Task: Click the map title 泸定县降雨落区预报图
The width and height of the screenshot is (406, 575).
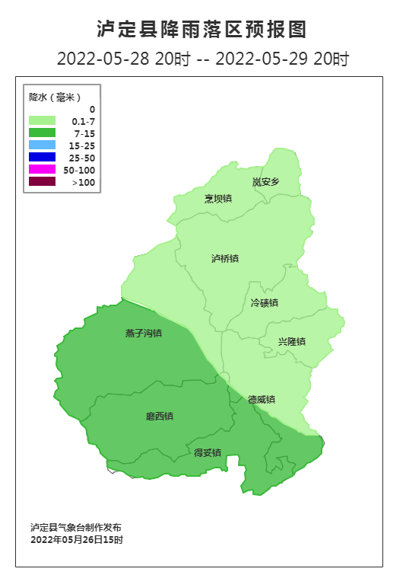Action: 202,30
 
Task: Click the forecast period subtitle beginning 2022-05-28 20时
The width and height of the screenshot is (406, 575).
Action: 202,59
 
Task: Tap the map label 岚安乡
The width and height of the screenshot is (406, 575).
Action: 266,182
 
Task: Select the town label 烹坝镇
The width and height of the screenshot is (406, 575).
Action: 217,199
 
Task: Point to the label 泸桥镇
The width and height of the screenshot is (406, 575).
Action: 225,259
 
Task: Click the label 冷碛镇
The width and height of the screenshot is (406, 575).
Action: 265,303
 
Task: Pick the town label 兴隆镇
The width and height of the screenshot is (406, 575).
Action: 291,342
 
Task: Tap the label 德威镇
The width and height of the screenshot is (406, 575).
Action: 262,400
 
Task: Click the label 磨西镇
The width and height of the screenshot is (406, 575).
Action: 160,417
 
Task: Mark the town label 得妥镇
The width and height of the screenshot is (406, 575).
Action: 208,452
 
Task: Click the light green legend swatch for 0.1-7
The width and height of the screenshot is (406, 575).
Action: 42,120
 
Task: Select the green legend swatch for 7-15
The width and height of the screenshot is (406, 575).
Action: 42,133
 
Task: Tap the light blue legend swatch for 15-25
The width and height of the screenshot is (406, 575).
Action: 42,145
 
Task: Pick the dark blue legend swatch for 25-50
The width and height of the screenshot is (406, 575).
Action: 42,157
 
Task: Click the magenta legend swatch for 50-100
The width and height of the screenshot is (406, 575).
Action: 42,169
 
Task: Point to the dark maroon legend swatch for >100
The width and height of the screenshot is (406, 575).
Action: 42,181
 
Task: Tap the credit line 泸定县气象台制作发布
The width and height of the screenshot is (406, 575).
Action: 76,527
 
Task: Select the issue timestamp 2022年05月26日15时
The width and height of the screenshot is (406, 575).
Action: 76,539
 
